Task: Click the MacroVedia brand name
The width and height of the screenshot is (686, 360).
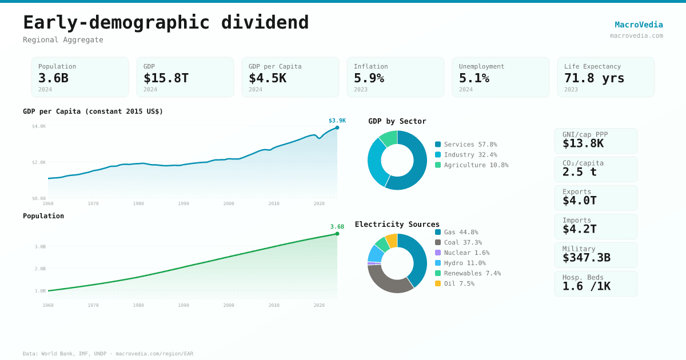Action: [639, 25]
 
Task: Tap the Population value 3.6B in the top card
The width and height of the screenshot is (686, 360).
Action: [53, 78]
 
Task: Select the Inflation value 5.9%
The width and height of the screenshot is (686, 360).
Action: [369, 78]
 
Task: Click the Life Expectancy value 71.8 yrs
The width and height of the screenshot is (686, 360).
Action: [594, 78]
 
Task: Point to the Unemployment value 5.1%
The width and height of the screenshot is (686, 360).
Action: [474, 78]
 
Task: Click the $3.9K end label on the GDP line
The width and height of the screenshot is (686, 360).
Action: [337, 121]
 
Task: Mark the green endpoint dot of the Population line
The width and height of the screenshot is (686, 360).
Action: [337, 234]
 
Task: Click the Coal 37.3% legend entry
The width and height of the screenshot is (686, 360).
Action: [462, 242]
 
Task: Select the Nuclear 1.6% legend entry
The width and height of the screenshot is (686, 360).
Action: [466, 253]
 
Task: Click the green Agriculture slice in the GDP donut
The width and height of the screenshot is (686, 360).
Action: [389, 137]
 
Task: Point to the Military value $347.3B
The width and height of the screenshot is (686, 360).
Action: [586, 258]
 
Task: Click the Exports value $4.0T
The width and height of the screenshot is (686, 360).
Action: [579, 201]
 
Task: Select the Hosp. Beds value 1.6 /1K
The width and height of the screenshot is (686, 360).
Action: [586, 286]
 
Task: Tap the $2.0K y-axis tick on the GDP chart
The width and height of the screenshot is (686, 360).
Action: [39, 162]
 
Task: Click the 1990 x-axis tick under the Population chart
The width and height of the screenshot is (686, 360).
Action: [184, 305]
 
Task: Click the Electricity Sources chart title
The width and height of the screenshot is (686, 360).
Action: [397, 224]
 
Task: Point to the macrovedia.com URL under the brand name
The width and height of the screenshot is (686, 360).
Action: [636, 35]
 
